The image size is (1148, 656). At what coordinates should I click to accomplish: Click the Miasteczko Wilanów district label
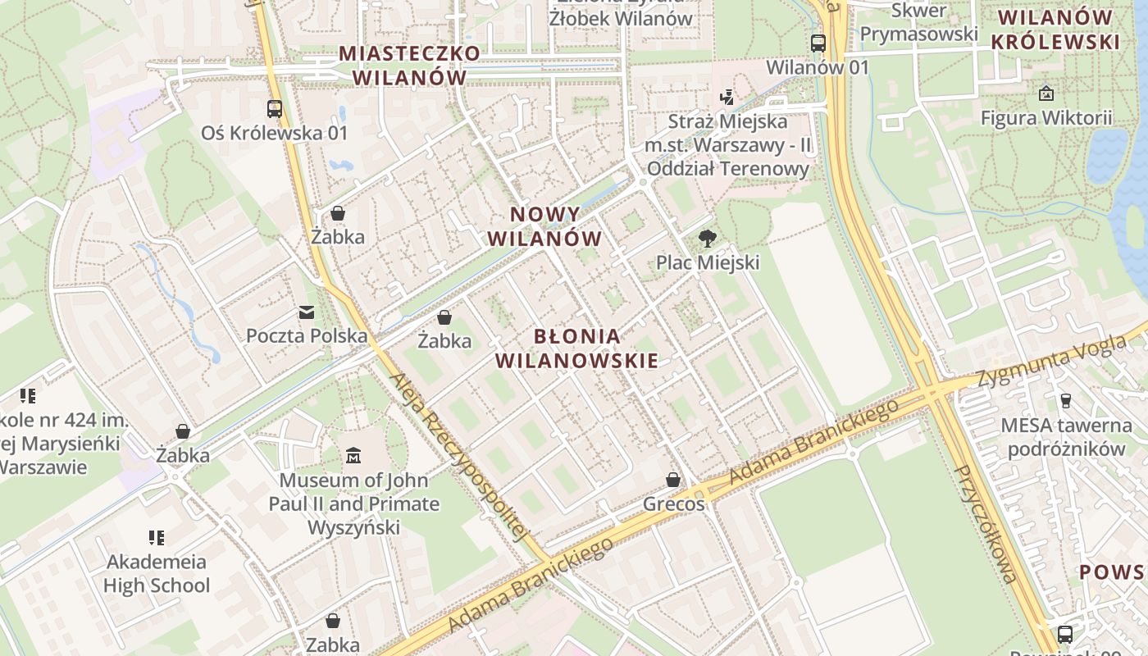coord(409,66)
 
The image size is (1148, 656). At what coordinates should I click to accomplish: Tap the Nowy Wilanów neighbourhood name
coord(545,226)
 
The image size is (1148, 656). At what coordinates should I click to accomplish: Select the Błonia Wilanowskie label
coord(576,348)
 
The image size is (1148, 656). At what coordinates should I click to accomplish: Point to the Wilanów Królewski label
coord(1055,30)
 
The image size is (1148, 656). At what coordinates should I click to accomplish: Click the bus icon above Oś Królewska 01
coord(275,108)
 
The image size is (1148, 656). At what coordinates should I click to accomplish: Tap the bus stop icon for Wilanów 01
coord(818,43)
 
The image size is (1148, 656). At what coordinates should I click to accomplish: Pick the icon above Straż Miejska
coord(727,98)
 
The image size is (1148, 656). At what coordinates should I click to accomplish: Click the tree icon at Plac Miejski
coord(707,239)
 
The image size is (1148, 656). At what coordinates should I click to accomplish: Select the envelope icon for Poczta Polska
coord(307,312)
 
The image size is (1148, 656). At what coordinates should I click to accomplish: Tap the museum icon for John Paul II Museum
coord(353,455)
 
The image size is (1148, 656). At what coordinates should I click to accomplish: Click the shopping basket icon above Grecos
coord(673,480)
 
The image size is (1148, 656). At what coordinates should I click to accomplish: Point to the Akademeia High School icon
coord(157,538)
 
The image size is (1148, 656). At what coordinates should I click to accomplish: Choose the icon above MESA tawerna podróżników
coord(1066,400)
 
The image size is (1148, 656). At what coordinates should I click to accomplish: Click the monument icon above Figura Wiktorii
coord(1046,93)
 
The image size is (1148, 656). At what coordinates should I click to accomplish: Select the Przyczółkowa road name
coord(987,523)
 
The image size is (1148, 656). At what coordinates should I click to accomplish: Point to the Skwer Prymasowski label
coord(919,23)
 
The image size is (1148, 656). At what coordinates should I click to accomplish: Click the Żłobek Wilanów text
coord(621,18)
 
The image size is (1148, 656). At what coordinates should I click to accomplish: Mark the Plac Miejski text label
coord(708,262)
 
